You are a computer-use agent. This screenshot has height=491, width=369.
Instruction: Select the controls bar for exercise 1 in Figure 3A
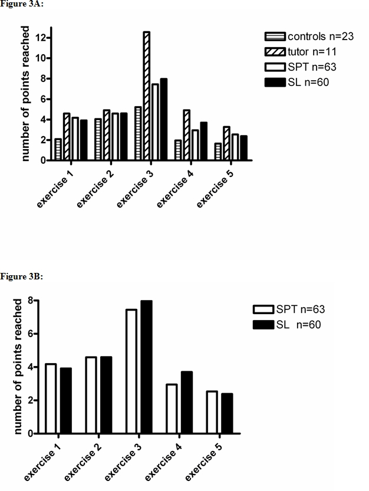coord(58,149)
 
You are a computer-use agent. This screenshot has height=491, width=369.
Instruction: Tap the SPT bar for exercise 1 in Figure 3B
coord(51,398)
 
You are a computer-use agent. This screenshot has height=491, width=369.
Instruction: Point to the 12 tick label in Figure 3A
coord(39,38)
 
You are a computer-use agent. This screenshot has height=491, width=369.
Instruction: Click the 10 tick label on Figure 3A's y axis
coord(39,58)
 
